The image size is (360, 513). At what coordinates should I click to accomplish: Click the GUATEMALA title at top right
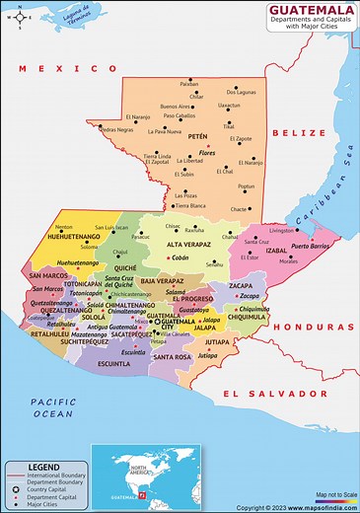point(309,12)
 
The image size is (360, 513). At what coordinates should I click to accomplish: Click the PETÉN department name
point(198,136)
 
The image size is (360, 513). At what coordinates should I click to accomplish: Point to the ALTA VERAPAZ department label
point(189,244)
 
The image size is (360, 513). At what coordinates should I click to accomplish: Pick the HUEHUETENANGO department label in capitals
point(48,238)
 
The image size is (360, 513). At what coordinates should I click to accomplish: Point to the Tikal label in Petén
point(229,126)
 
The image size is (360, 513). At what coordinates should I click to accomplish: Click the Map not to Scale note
point(333,493)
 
